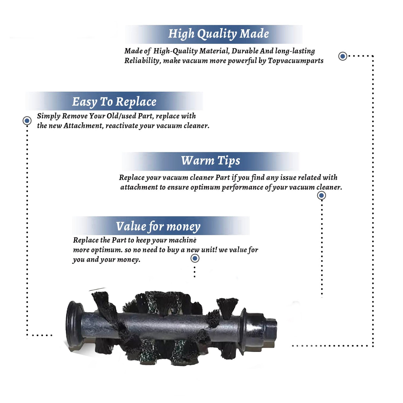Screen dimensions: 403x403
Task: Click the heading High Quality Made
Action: [x=218, y=34]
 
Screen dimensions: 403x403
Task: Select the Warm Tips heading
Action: [x=211, y=161]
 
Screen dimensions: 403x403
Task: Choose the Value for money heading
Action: [x=158, y=226]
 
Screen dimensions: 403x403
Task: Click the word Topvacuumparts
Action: [x=296, y=61]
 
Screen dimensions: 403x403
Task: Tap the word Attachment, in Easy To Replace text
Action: [x=83, y=126]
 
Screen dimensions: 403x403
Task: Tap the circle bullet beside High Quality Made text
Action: [x=343, y=56]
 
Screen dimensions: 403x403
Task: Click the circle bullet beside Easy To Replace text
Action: [x=27, y=121]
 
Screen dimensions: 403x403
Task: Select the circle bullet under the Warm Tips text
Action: [x=322, y=195]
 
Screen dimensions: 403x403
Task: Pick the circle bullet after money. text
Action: [x=195, y=258]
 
